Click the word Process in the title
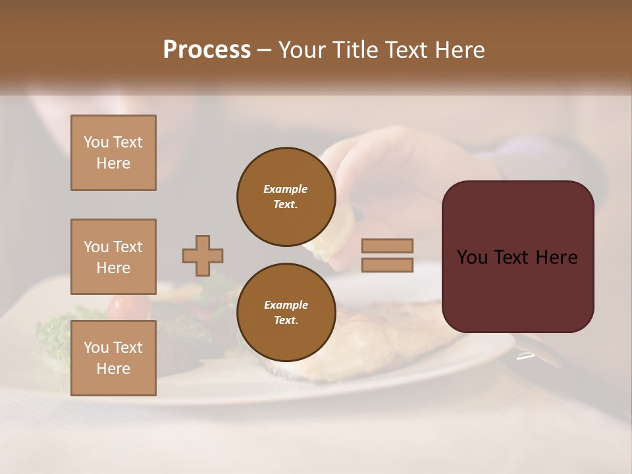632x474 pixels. [207, 49]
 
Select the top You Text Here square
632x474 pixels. [113, 153]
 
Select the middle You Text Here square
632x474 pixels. [113, 257]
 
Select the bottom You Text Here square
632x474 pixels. [113, 357]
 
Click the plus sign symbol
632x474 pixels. [203, 255]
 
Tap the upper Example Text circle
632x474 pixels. [286, 196]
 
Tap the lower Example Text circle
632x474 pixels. [286, 312]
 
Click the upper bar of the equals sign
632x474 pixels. [387, 246]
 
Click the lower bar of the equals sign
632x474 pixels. [387, 265]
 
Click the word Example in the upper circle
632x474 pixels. [286, 189]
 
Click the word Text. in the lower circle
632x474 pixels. [286, 320]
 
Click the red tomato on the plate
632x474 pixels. [129, 305]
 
